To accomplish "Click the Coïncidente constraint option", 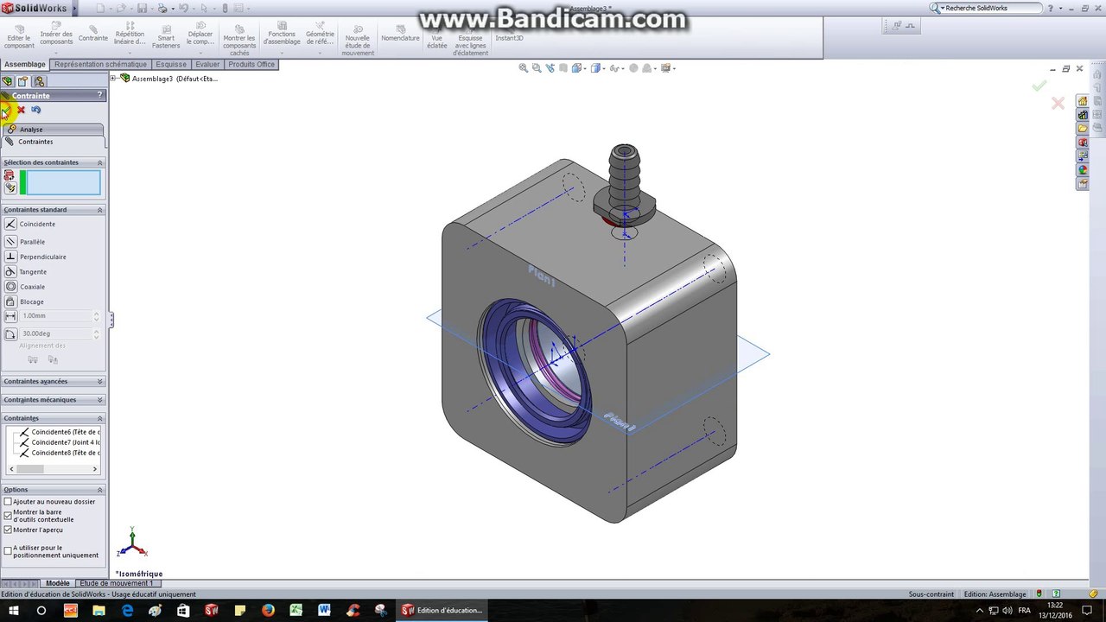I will point(36,225).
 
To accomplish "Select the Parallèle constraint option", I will point(32,242).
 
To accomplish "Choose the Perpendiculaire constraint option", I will point(42,257).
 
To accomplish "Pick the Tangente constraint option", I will point(33,272).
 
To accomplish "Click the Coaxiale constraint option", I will point(32,287).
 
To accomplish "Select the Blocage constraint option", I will point(31,301).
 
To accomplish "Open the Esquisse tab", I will point(171,65).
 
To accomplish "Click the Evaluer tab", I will point(207,65).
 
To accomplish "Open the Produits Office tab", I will point(251,65).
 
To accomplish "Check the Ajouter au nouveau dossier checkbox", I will point(9,502).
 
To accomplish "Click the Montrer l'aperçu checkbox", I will point(9,530).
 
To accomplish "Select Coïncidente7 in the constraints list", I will point(65,442).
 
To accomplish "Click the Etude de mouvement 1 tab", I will point(116,583).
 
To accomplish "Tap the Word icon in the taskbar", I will point(324,611).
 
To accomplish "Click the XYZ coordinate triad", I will point(132,543).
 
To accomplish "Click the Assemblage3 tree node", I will point(173,79).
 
